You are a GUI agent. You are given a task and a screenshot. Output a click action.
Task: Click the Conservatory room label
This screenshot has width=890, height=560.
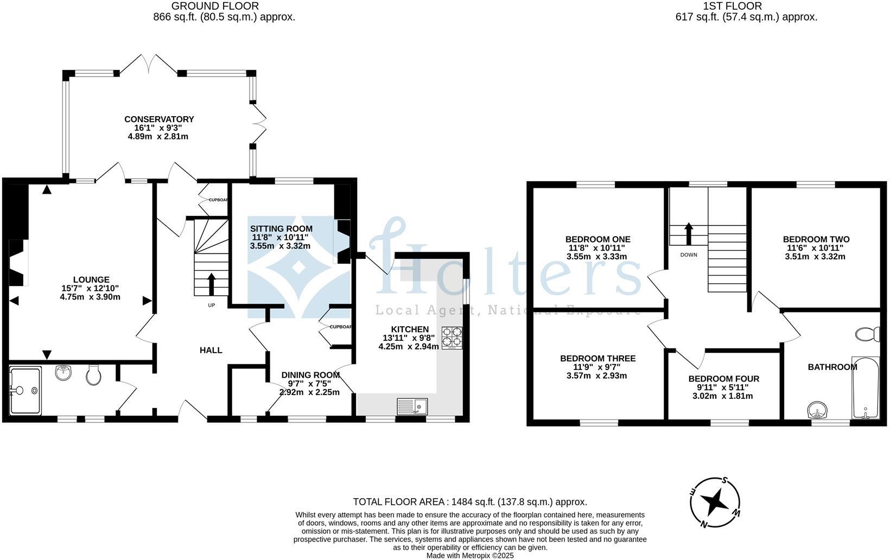click(x=159, y=119)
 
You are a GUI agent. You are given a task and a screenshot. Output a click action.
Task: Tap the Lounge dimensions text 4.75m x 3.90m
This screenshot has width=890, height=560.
click(x=90, y=297)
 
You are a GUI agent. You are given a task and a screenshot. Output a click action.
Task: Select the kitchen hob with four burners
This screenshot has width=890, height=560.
click(x=452, y=337)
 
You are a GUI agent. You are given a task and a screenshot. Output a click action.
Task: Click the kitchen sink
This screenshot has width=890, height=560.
click(x=412, y=405)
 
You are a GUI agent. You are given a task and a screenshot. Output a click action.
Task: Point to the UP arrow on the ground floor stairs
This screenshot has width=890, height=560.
click(x=211, y=284)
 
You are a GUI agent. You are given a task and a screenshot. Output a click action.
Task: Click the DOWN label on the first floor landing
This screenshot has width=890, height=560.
click(x=689, y=254)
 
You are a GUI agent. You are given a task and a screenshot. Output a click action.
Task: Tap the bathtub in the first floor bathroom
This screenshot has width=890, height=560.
click(x=866, y=387)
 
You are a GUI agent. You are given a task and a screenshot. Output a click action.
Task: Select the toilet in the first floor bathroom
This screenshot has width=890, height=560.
click(x=868, y=334)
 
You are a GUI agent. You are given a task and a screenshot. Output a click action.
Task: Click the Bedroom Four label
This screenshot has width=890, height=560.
click(x=723, y=379)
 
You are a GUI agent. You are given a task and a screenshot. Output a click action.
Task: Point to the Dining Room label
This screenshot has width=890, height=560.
click(x=310, y=375)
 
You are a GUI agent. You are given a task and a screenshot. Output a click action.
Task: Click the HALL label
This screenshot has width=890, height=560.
click(x=211, y=351)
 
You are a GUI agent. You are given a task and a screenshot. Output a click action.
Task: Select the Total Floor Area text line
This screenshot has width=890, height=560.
click(x=469, y=502)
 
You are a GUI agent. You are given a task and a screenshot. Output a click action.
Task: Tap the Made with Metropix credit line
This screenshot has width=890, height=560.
click(x=469, y=555)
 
